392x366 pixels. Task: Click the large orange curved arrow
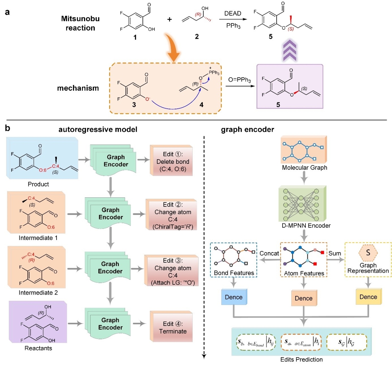[x=172, y=47]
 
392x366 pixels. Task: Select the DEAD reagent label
[x=233, y=13]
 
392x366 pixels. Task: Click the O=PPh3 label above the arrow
[x=239, y=80]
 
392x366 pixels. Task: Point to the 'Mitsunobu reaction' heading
[x=80, y=23]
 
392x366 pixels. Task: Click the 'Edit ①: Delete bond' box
[x=172, y=161]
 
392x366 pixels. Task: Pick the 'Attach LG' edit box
[x=172, y=271]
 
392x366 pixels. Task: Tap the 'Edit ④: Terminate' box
[x=172, y=328]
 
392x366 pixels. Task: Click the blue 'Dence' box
[x=234, y=297]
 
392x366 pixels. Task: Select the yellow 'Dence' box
[x=368, y=297]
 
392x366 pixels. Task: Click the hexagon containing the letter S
[x=368, y=252]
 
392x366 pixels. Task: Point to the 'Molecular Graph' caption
[x=304, y=168]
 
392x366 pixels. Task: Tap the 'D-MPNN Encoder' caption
[x=306, y=226]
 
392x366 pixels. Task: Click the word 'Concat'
[x=269, y=253]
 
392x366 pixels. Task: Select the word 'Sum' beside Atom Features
[x=335, y=253]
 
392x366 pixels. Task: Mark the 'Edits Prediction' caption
[x=302, y=359]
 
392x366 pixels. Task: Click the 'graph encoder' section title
[x=248, y=130]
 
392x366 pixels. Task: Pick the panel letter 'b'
[x=8, y=128]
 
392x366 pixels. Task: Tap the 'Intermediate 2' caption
[x=38, y=293]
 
